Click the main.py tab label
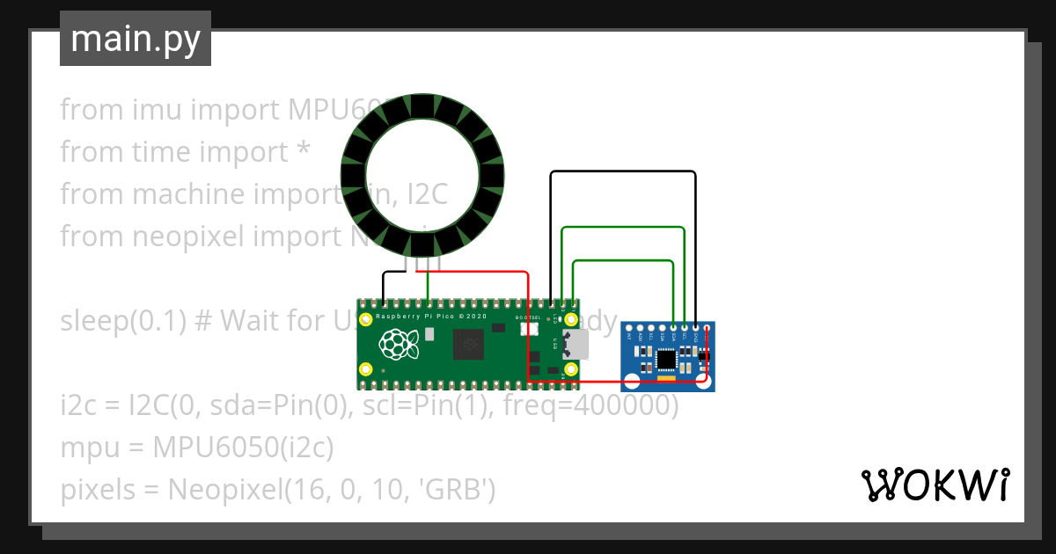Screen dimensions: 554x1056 click(136, 40)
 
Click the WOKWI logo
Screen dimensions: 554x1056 click(935, 485)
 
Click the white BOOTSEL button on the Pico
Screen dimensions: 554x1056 click(529, 330)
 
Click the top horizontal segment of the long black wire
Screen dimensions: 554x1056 click(623, 172)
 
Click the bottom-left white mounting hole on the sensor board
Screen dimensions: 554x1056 click(632, 381)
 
